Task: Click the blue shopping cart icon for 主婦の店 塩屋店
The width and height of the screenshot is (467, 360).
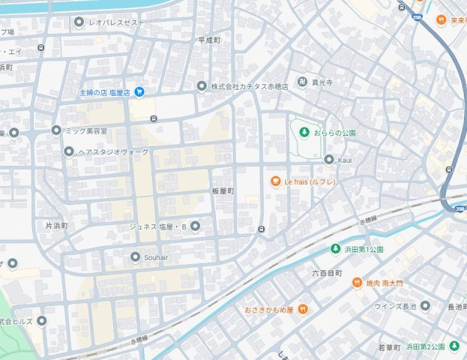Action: click(x=139, y=92)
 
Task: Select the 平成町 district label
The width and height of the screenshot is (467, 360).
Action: click(x=209, y=40)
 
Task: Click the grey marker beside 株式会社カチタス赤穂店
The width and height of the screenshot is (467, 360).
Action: click(x=201, y=86)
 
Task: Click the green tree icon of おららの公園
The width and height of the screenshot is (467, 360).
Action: click(x=304, y=133)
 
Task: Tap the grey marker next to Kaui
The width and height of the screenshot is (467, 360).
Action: click(x=328, y=159)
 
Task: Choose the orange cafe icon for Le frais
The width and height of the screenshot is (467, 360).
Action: click(x=274, y=181)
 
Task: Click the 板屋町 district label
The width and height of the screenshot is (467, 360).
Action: click(x=223, y=191)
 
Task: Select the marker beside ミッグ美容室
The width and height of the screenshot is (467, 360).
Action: click(x=55, y=130)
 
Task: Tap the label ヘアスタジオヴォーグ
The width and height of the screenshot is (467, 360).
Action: click(x=112, y=152)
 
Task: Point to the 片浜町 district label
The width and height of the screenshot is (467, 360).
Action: click(x=56, y=225)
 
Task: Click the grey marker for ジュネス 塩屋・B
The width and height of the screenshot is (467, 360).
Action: click(x=196, y=226)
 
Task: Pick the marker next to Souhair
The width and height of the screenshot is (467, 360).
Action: click(x=135, y=257)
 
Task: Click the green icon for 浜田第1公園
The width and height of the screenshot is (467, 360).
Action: click(x=335, y=249)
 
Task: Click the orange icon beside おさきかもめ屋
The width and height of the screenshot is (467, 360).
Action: click(x=301, y=309)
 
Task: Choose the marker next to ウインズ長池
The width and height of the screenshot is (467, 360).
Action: click(x=425, y=305)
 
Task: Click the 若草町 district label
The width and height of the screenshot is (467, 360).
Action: click(x=390, y=347)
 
